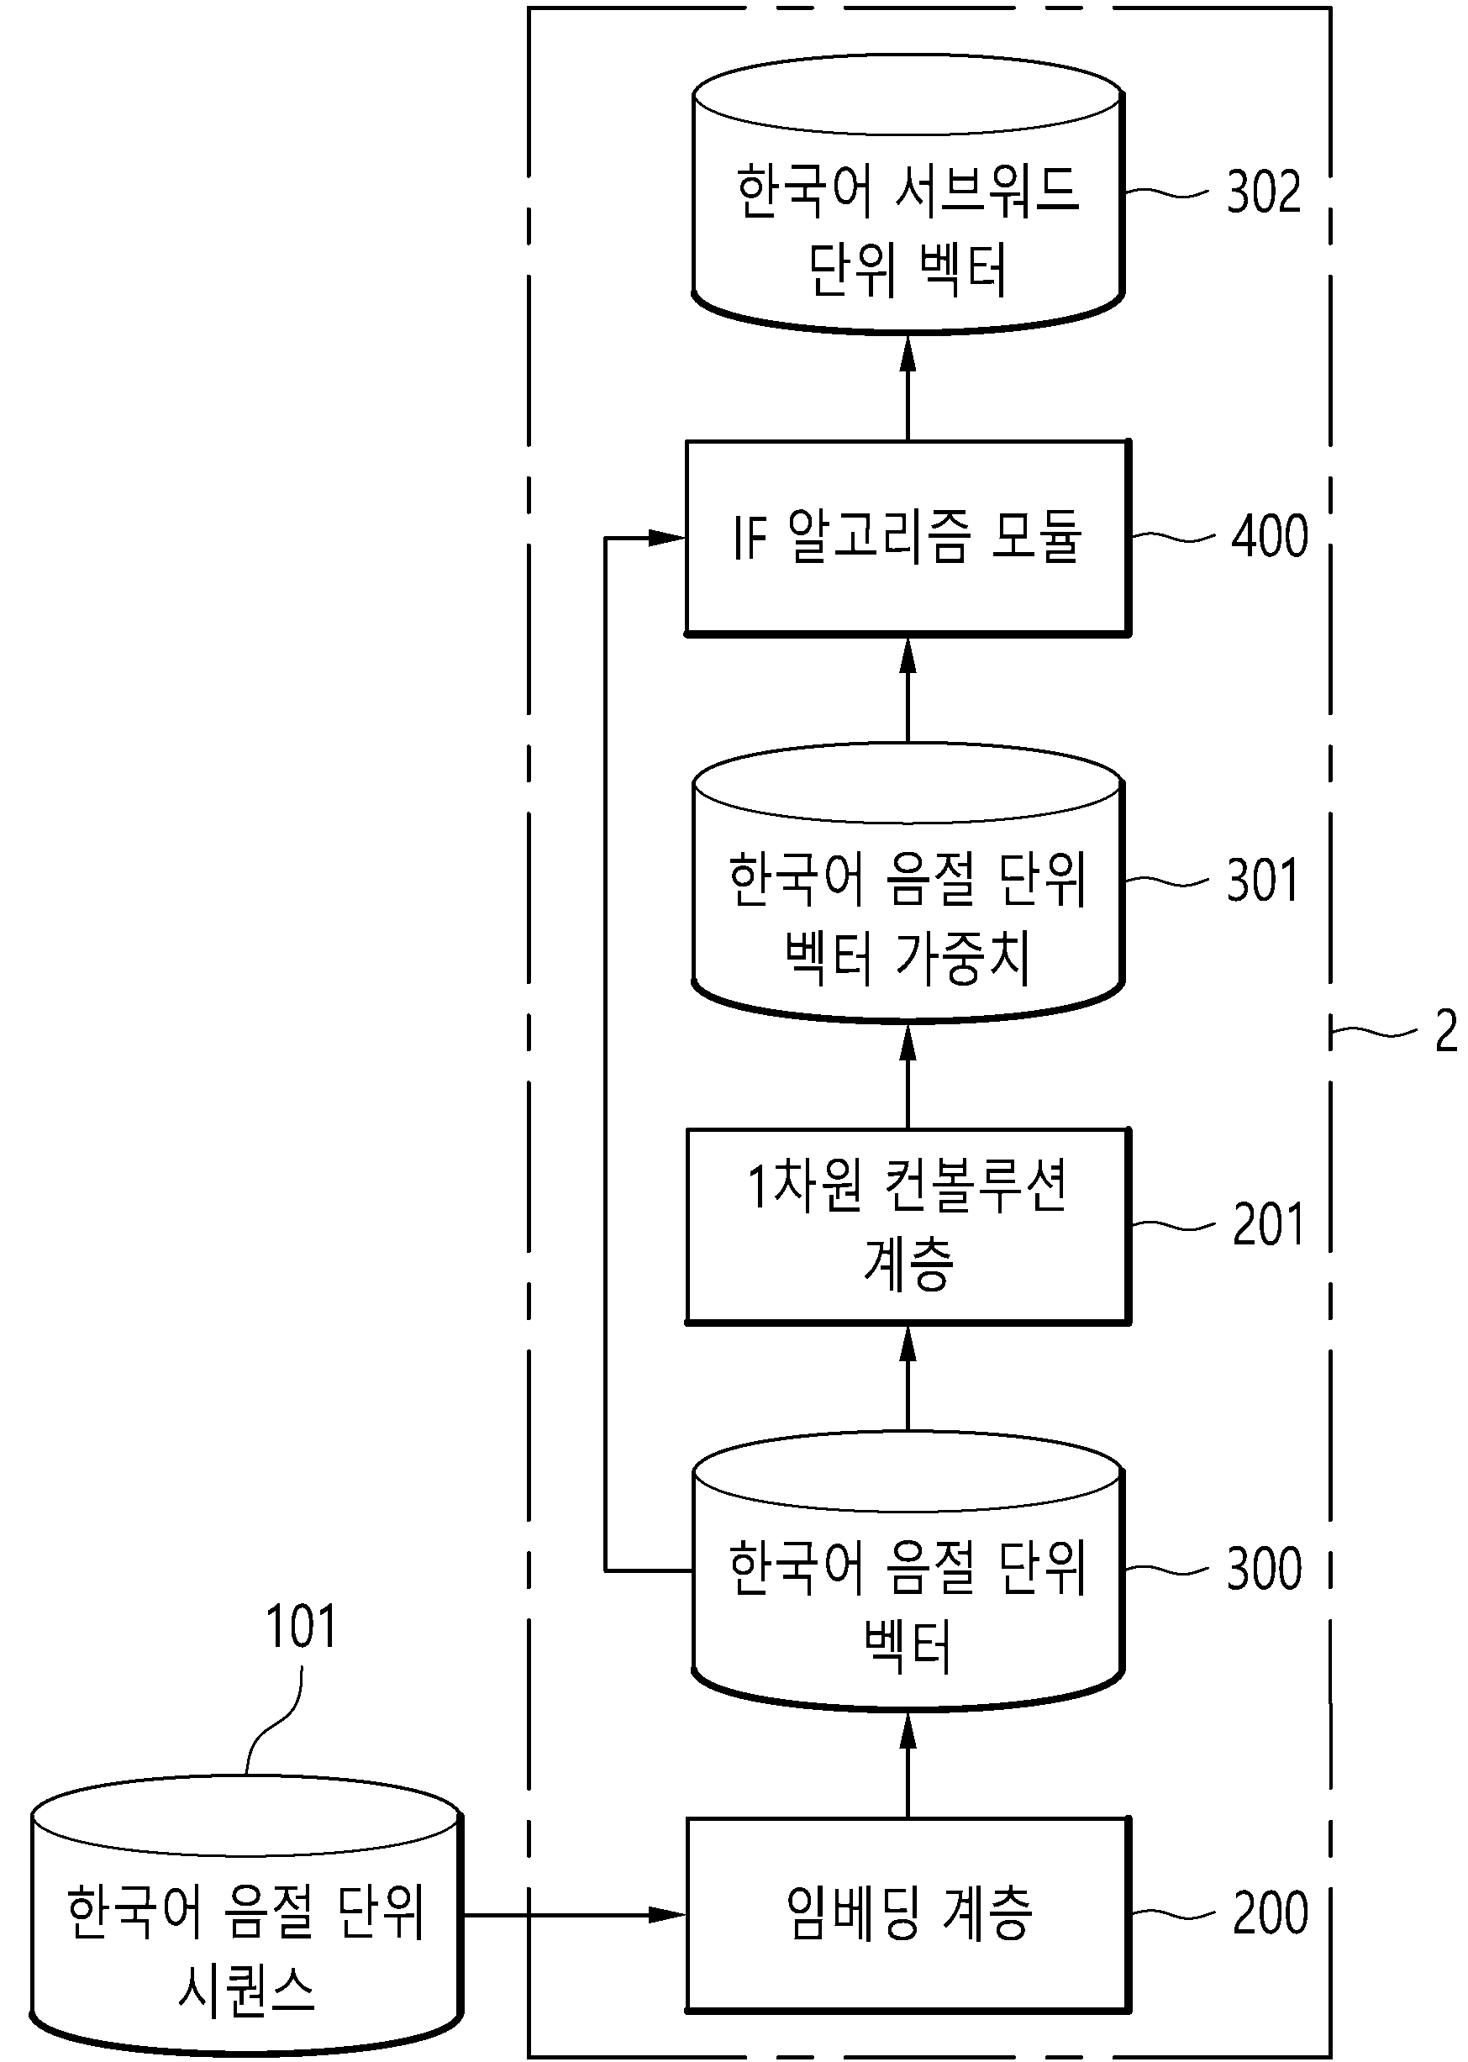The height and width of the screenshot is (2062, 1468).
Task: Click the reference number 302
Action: click(1264, 192)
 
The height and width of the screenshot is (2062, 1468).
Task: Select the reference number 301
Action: click(1262, 880)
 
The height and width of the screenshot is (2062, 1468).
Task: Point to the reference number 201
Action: click(1268, 1225)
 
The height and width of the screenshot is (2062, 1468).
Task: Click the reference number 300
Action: click(1264, 1569)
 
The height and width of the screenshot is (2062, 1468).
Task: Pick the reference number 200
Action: click(1270, 1912)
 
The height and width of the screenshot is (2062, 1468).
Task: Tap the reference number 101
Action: click(300, 1626)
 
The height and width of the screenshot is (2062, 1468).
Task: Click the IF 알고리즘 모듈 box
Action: click(908, 538)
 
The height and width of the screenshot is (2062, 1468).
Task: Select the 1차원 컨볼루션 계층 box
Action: click(908, 1226)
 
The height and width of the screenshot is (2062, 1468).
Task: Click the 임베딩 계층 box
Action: click(908, 1914)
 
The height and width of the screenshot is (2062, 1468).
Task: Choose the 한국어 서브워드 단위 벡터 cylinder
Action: click(908, 193)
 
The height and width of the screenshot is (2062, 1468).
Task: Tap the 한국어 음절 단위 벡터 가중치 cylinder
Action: click(908, 882)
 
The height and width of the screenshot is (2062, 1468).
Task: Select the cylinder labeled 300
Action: click(908, 1570)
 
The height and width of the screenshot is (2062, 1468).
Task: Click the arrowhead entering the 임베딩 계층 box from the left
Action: click(668, 1914)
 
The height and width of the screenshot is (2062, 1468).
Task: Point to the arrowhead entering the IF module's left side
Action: click(668, 538)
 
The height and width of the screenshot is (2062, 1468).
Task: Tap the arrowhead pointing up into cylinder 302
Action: click(908, 354)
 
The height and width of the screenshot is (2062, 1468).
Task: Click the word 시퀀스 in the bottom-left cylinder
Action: click(246, 1990)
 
